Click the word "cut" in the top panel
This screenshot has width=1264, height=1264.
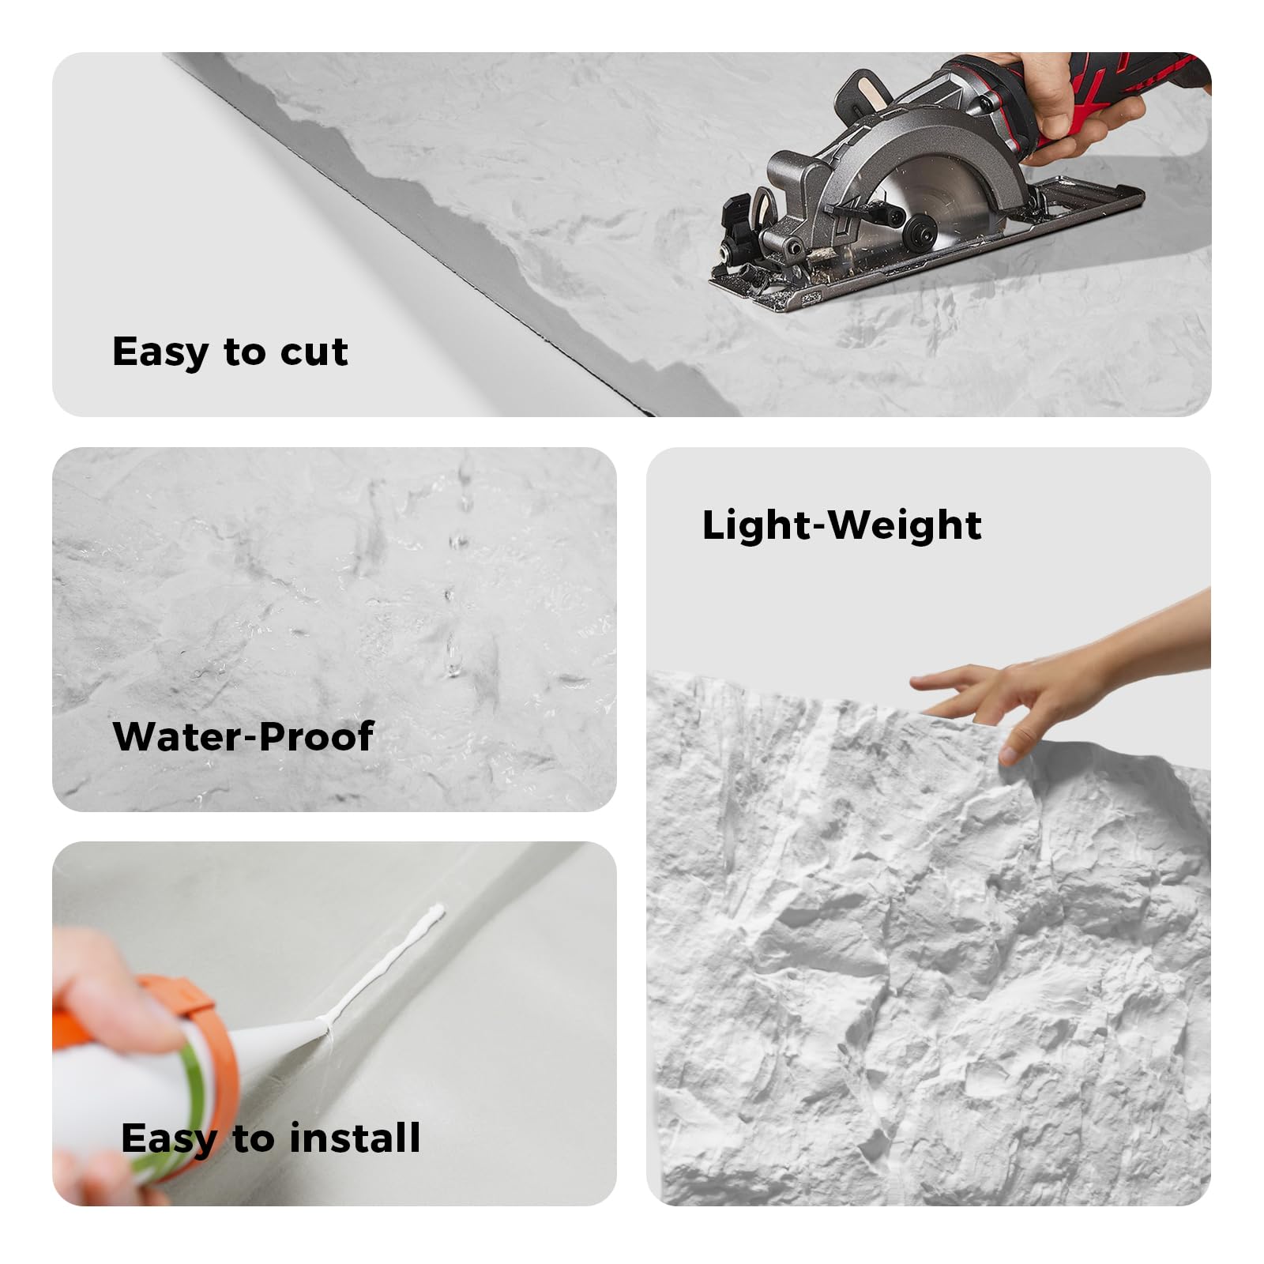(x=314, y=352)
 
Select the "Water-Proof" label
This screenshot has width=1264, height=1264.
(x=243, y=736)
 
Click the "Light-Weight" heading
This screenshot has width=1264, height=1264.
(x=841, y=525)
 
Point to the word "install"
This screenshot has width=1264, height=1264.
(x=355, y=1138)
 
